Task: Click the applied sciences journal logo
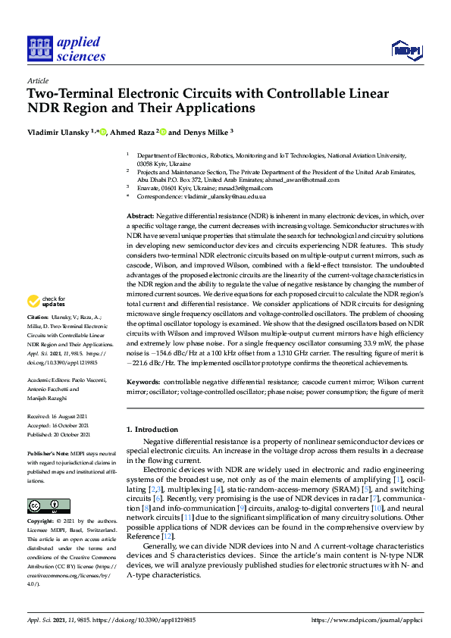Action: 66,49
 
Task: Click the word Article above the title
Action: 38,80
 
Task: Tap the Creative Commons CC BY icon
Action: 44,505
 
